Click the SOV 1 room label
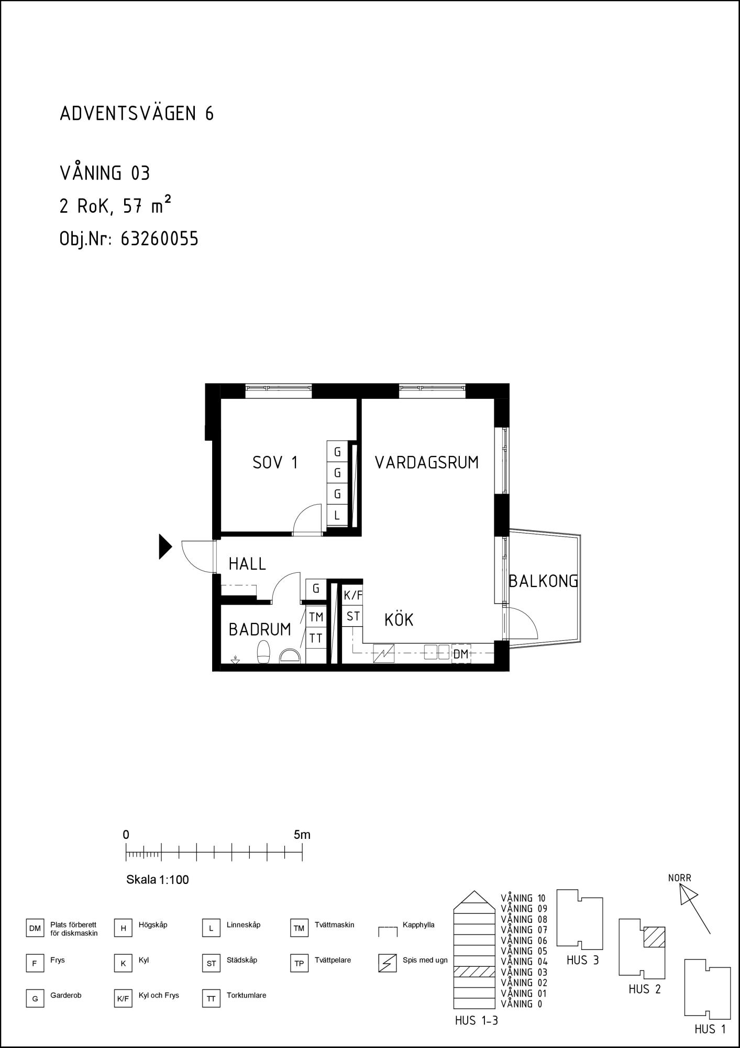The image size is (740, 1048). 275,463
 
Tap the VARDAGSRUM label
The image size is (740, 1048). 427,463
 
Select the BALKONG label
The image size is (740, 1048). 544,581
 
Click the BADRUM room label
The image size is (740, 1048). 260,629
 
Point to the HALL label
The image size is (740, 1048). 248,564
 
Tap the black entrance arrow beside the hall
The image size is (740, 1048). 165,547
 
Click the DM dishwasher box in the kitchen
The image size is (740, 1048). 461,654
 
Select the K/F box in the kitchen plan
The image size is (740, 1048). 353,595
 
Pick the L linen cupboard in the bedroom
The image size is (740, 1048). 337,515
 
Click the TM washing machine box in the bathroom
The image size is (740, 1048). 316,617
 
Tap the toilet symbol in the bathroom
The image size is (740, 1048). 263,652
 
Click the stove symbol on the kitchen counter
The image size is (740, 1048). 384,653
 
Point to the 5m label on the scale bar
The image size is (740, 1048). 302,835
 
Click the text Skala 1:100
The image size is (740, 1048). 158,880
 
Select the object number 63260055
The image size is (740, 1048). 160,239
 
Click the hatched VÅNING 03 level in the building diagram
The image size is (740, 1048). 474,972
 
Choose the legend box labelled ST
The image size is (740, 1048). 211,963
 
